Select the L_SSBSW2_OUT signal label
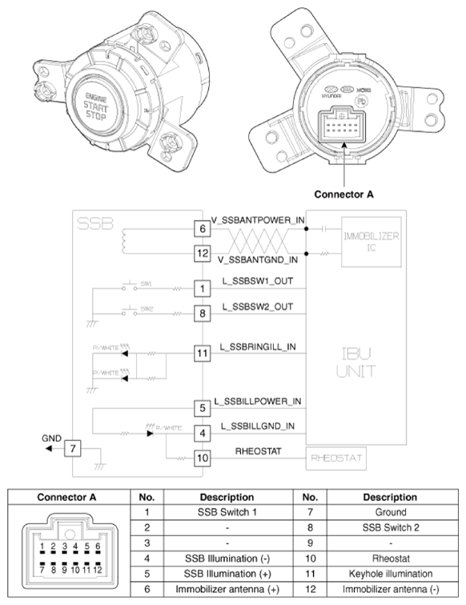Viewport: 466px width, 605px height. (258, 307)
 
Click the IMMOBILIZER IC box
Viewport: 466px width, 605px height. (370, 241)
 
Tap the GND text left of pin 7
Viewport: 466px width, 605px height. (51, 439)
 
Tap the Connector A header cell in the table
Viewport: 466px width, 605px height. (67, 497)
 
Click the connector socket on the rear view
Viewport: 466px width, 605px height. (345, 125)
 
